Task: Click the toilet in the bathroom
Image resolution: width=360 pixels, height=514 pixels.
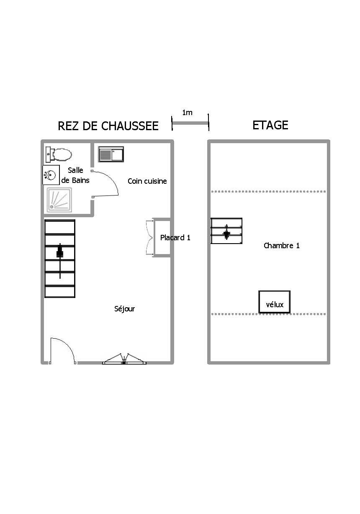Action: (59, 154)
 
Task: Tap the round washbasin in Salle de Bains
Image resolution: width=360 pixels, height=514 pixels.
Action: (51, 175)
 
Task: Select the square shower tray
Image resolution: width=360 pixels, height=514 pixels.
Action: (59, 200)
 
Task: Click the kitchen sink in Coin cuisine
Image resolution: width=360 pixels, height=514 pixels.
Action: (111, 154)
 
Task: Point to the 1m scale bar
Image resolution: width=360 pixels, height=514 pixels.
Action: (190, 123)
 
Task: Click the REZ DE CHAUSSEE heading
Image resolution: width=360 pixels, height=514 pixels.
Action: (108, 126)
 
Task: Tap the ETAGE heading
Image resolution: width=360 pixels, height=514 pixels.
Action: (270, 125)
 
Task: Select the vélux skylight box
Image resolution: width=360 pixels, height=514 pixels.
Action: (275, 302)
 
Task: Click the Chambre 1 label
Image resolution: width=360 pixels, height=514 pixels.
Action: (282, 246)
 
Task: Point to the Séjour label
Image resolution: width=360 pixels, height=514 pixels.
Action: (124, 309)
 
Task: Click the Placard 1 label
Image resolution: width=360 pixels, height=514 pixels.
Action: (175, 237)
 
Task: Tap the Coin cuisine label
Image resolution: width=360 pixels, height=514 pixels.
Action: (147, 181)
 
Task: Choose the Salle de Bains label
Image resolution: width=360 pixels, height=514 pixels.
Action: (75, 175)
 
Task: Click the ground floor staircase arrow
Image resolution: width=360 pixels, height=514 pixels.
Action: (60, 261)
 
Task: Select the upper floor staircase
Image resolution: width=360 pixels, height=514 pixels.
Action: (226, 231)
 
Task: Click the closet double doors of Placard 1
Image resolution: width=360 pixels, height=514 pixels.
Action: (149, 237)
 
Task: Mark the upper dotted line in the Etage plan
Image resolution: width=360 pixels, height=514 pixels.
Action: (268, 191)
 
